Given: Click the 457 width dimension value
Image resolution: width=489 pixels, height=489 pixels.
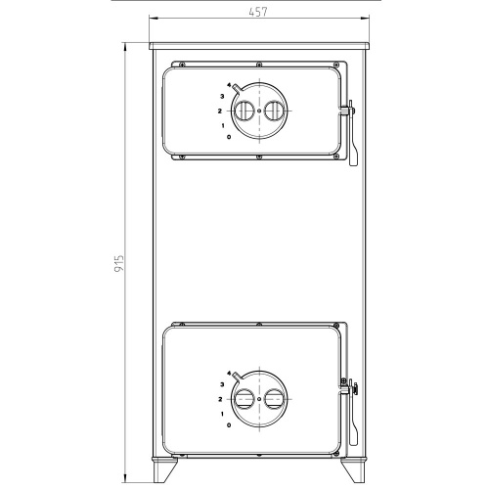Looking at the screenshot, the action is (x=258, y=12).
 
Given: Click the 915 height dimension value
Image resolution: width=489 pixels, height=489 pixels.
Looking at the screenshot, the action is (x=119, y=263).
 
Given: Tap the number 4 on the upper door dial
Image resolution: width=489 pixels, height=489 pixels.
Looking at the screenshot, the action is (x=229, y=85).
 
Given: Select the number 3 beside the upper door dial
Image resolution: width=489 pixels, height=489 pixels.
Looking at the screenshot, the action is (x=222, y=96).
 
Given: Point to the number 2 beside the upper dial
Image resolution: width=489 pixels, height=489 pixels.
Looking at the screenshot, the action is (x=220, y=111).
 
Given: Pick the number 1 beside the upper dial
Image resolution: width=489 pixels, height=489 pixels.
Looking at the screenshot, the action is (x=223, y=125).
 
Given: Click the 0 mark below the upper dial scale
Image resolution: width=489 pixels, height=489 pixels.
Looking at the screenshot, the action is (x=229, y=137).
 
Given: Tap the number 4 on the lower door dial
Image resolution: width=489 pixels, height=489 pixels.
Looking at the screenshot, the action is (x=229, y=373).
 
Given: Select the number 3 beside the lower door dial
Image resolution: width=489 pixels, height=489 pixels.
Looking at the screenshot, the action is (x=222, y=384).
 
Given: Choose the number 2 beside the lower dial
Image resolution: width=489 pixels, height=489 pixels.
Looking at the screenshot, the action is (x=220, y=399).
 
